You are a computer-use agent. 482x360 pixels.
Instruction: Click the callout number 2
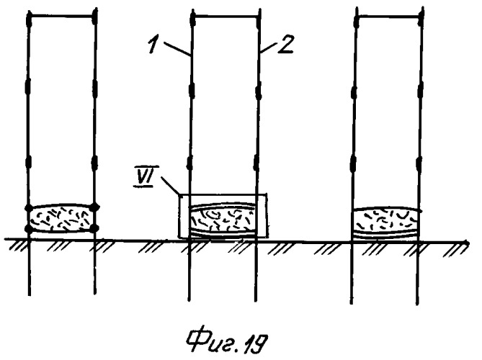(x=287, y=45)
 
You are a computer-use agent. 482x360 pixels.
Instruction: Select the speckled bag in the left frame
(x=61, y=218)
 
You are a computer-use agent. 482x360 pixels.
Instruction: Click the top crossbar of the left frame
(x=62, y=17)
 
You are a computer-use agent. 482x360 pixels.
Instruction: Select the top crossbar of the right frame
(x=389, y=17)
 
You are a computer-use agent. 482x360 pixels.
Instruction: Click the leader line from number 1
(x=176, y=48)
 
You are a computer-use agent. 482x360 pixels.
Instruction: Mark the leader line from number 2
(x=269, y=48)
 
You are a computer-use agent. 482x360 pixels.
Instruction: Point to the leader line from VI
(x=170, y=185)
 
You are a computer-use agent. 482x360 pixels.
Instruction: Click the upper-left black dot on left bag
(x=28, y=208)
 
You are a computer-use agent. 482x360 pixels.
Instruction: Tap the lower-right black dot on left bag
(x=95, y=228)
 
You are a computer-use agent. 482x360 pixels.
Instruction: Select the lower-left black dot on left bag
(x=29, y=228)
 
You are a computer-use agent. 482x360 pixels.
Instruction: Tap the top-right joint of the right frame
(x=421, y=17)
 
